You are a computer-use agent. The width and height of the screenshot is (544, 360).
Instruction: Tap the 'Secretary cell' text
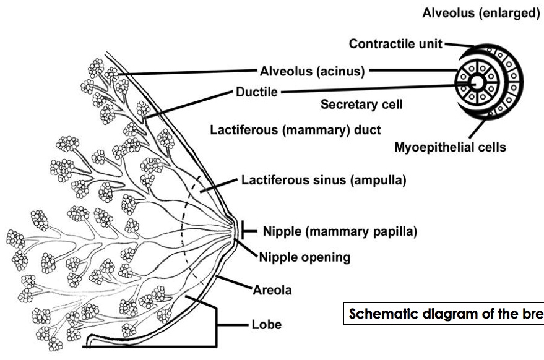coord(361,105)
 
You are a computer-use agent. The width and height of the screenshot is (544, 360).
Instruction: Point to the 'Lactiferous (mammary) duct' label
coord(295,130)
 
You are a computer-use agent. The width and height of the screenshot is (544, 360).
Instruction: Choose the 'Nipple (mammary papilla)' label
coord(340,231)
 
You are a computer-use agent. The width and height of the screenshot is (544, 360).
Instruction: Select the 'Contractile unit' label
coord(396,45)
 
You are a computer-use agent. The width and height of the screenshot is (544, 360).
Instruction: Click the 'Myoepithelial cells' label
coord(450,147)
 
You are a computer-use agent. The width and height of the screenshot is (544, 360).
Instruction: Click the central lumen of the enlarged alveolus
coord(478,82)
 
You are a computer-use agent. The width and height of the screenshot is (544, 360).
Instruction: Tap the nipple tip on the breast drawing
coord(238,229)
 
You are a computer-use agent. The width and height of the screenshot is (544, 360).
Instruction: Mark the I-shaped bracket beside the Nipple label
coord(246,231)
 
